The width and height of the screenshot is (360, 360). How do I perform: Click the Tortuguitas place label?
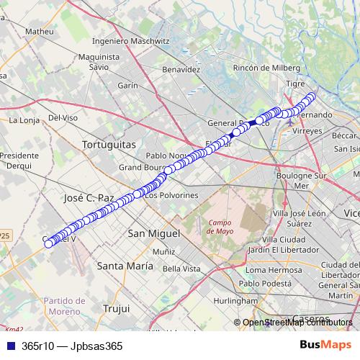[109, 145]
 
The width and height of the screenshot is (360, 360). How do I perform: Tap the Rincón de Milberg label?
[267, 68]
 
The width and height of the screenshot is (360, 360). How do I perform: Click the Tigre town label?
[296, 84]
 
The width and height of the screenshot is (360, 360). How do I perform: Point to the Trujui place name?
[115, 308]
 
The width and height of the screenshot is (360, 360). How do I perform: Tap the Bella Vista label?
[181, 269]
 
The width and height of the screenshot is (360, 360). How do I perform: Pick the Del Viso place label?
[63, 117]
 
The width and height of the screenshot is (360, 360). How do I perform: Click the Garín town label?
[127, 85]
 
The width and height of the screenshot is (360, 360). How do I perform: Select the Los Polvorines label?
[171, 195]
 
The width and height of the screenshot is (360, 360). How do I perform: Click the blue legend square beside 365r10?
[9, 346]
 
